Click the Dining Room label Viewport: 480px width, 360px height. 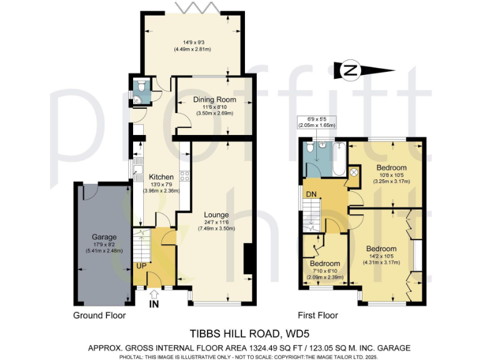click(214, 99)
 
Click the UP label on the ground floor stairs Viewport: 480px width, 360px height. click(142, 265)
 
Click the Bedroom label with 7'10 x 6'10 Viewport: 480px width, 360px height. click(324, 263)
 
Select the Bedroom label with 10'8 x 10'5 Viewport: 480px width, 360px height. click(391, 167)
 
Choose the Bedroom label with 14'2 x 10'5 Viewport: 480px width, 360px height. click(381, 248)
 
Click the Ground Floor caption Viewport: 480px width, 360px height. click(99, 315)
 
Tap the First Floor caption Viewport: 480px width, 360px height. click(317, 315)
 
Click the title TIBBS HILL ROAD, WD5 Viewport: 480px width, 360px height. click(239, 334)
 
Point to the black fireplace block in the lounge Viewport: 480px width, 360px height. click(248, 258)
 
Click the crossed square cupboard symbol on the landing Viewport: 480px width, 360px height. click(353, 172)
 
